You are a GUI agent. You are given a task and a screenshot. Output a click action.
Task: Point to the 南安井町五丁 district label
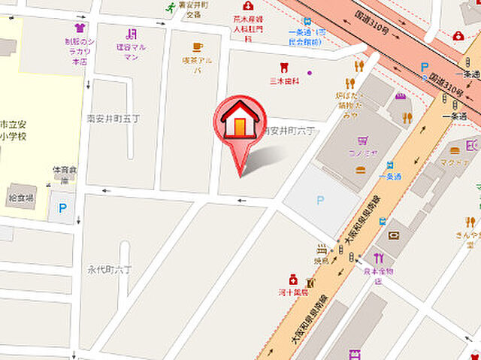point(112,118)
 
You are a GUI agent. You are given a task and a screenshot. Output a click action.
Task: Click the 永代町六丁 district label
point(110,268)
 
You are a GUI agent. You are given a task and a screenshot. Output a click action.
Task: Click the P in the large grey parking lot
point(321,200)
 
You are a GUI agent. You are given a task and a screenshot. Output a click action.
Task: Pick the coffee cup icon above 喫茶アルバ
point(197,47)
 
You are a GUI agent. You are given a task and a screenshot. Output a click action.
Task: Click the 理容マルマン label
point(132,51)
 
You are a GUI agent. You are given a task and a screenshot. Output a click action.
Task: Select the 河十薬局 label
point(292,292)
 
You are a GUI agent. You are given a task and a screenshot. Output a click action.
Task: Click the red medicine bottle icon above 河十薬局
point(292,280)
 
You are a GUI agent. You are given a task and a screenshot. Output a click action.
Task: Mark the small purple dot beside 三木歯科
point(309,73)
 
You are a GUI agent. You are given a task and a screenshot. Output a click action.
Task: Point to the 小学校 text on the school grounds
point(14,138)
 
